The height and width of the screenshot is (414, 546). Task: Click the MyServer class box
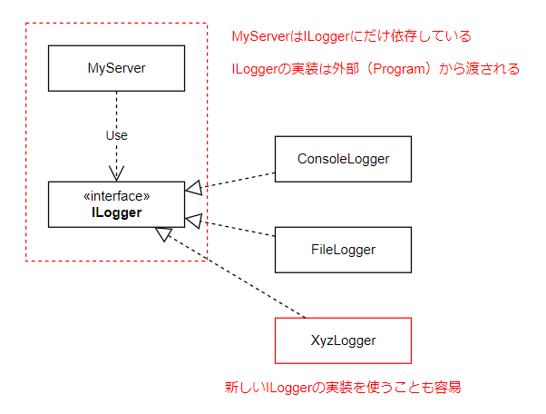pos(116,68)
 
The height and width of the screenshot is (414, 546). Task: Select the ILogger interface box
pos(116,204)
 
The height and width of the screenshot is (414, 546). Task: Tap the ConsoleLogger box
pos(343,159)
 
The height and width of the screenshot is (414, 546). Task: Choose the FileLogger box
pos(343,250)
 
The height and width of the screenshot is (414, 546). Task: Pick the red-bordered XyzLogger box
pos(343,340)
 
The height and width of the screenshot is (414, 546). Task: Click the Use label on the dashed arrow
pos(116,135)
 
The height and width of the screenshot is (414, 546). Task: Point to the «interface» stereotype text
pos(116,195)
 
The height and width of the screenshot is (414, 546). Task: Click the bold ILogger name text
pos(116,213)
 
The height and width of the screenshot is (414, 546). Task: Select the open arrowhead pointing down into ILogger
pos(116,175)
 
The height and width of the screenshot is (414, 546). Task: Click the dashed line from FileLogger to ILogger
pos(240,229)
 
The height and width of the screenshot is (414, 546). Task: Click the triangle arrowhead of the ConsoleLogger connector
pos(193,188)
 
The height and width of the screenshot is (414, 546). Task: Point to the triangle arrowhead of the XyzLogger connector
pos(164,234)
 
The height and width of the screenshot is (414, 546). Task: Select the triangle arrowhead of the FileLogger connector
pos(193,220)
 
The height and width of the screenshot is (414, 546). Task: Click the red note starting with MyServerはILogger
pos(352,36)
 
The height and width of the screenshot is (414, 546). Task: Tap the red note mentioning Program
pos(375,68)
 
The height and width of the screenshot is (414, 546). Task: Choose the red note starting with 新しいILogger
pos(343,388)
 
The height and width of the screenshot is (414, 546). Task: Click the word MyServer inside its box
pos(116,68)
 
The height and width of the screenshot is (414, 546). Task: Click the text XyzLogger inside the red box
pos(343,340)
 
